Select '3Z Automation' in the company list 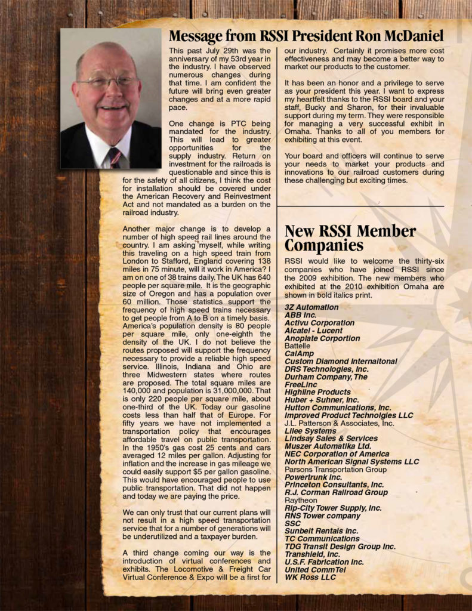(x=311, y=307)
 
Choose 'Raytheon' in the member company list (x=301, y=501)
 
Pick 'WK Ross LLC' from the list (x=310, y=578)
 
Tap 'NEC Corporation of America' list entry (x=337, y=454)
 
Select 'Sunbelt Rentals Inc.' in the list (x=321, y=531)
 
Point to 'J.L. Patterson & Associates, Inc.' (x=339, y=423)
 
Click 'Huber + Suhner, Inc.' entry (x=322, y=400)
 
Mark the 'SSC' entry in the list (x=293, y=523)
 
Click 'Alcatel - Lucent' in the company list (x=314, y=331)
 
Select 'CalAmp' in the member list (x=299, y=354)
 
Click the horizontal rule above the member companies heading (x=360, y=206)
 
